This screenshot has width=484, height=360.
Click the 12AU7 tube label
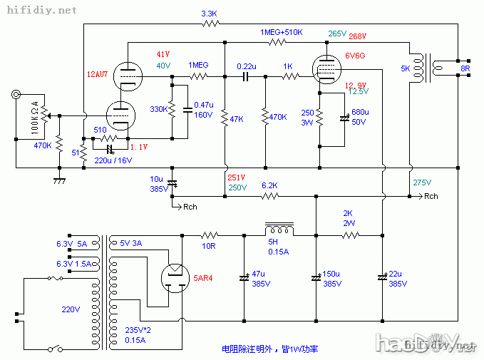(98, 73)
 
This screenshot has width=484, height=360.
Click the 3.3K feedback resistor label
(210, 14)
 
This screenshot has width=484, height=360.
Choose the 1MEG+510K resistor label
(282, 33)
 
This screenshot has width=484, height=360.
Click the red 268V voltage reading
(358, 36)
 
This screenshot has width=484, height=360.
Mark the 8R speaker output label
(465, 69)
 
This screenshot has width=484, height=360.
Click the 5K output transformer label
(405, 69)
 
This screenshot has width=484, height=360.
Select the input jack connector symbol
(16, 95)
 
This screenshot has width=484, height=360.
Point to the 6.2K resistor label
(269, 185)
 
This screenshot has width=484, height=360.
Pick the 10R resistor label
(208, 245)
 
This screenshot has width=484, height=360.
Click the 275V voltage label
(422, 182)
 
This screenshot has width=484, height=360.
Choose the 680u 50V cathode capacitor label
(360, 117)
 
